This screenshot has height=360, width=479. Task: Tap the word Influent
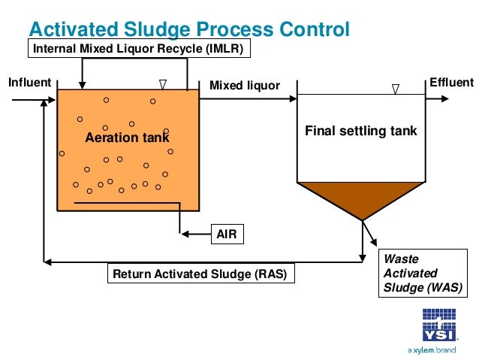point(29,82)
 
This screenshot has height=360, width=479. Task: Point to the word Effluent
point(450,82)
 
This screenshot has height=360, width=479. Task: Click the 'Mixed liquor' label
point(244,86)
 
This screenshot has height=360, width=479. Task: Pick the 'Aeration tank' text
point(128,138)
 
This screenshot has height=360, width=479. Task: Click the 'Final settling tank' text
point(360,131)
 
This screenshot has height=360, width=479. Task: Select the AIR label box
point(227,234)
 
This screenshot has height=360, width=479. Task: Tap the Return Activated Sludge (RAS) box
point(199,274)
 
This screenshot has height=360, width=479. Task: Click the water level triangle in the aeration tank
point(163,84)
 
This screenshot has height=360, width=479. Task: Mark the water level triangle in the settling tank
point(396,89)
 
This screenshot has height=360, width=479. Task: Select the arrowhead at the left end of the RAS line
point(47,262)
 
